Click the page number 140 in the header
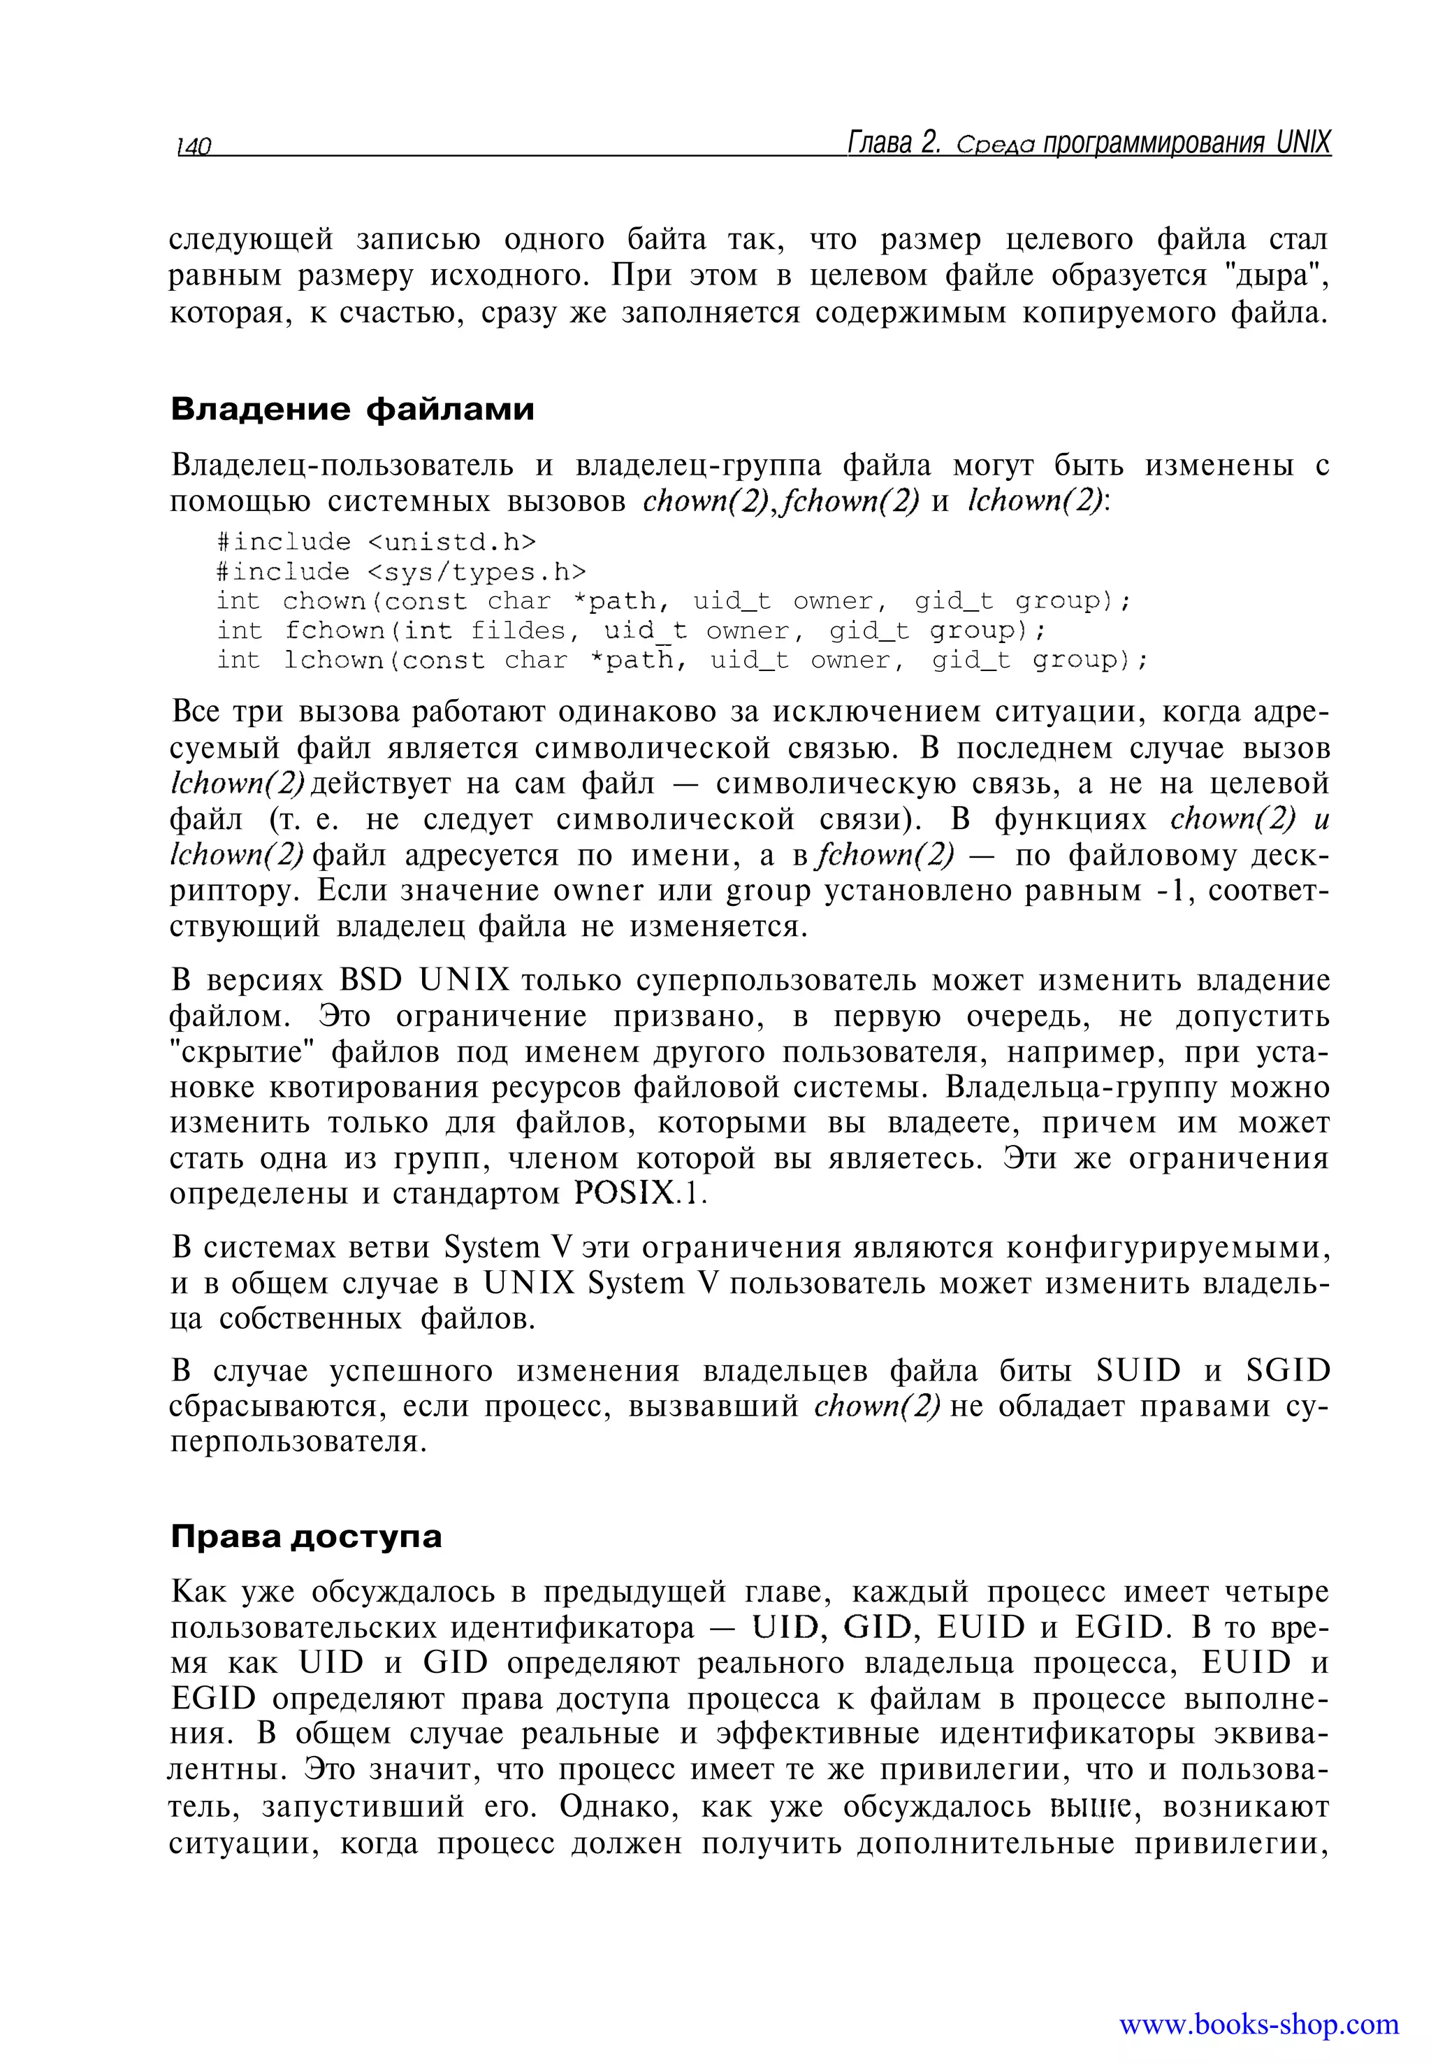pos(193,146)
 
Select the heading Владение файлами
pos(352,409)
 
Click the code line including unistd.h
pos(376,542)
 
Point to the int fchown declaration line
pos(630,631)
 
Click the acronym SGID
pos(1288,1371)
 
